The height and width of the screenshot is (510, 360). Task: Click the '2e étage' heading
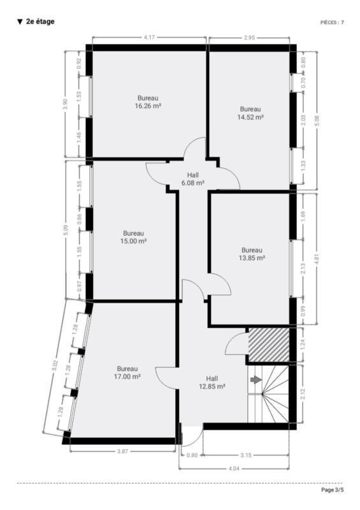point(36,22)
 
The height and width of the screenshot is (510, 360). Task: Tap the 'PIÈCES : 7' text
point(332,22)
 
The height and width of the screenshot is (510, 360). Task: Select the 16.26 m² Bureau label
point(148,102)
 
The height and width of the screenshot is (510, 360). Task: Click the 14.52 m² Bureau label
point(250,113)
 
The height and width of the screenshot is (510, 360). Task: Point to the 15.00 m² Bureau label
point(133,237)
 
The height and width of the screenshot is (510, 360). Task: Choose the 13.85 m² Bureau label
point(252,254)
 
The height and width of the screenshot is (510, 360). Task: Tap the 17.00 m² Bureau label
point(127,373)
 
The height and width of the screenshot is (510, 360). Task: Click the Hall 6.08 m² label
point(193,179)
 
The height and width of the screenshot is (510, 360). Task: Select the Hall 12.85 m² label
point(212,382)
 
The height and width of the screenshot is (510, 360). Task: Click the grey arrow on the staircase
point(256,379)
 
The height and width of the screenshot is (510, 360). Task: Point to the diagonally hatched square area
point(269,344)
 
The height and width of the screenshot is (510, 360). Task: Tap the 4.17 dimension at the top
point(149,38)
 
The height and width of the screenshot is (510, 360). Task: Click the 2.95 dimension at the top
point(249,38)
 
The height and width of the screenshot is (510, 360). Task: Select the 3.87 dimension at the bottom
point(122,451)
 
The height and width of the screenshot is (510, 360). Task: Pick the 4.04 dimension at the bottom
point(234,469)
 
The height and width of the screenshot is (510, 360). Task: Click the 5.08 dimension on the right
point(317,120)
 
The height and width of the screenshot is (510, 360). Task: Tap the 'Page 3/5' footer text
point(332,490)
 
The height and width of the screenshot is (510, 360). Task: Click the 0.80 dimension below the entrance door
point(192,455)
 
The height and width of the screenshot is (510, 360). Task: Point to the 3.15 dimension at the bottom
point(246,455)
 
